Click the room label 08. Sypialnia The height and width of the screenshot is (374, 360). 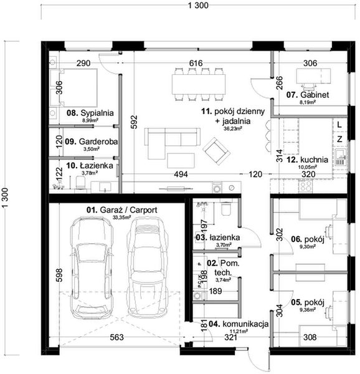pyautogui.click(x=90, y=113)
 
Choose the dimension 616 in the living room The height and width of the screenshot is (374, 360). pyautogui.click(x=197, y=63)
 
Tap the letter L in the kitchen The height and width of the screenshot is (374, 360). pyautogui.click(x=339, y=125)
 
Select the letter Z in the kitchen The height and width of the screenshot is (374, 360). pyautogui.click(x=339, y=139)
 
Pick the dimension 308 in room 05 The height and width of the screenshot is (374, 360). pyautogui.click(x=310, y=338)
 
